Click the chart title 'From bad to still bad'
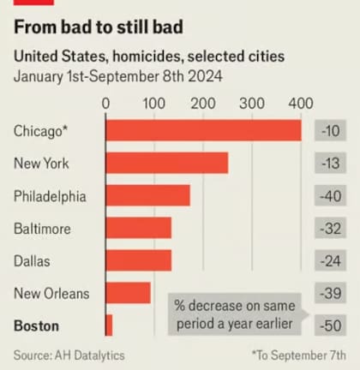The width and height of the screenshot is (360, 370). pos(99,27)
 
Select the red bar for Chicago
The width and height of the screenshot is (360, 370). pos(203,130)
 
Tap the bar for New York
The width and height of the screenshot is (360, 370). pos(166,163)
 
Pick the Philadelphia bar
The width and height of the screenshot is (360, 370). pos(147,195)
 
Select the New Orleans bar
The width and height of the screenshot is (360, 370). pos(128,293)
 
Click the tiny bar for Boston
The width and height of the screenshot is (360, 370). pos(109,325)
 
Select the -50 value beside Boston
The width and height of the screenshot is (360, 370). pos(328,325)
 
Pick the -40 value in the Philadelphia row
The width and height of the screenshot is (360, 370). pos(328,195)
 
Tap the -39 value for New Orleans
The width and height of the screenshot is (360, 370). pos(328,293)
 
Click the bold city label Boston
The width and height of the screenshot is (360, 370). pos(35,325)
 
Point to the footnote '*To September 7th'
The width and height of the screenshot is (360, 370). pos(298,354)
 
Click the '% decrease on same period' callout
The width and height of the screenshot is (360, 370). pos(233,314)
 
